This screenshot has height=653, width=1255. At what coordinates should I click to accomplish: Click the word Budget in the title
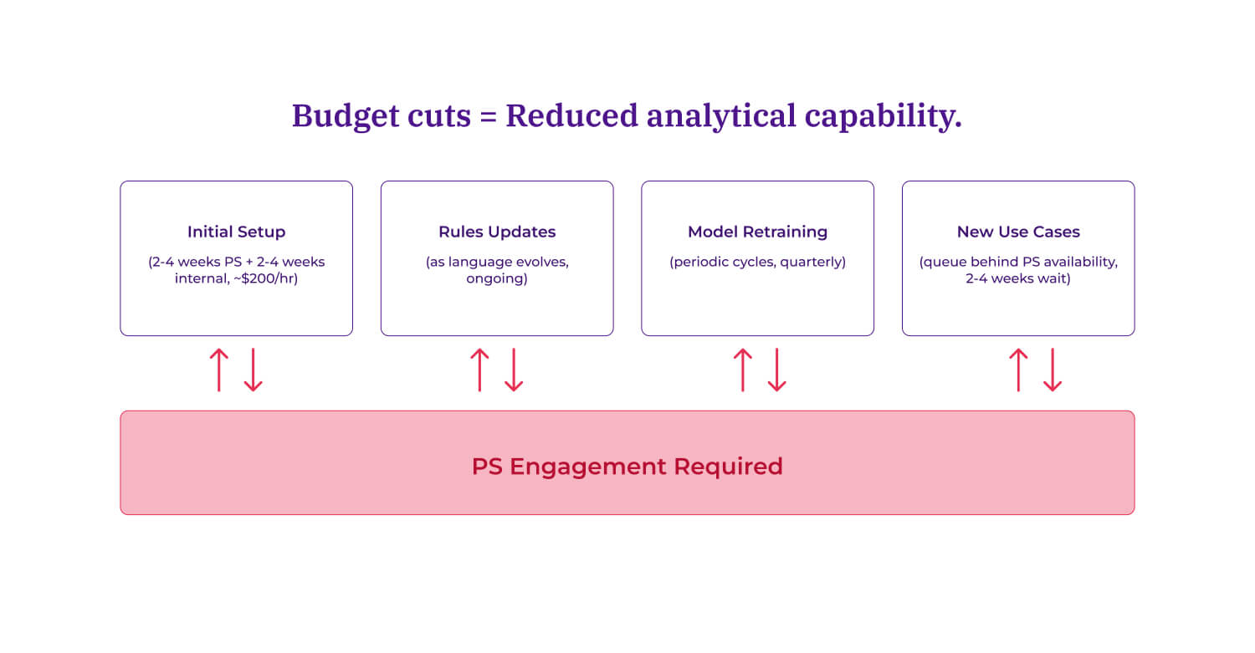coord(339,116)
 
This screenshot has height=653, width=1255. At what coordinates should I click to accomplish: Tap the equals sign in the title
coord(488,116)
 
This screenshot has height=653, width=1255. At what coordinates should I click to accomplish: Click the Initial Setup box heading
coord(236,232)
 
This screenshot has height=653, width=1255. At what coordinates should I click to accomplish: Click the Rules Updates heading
coord(497,232)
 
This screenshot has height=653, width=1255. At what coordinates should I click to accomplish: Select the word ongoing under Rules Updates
coord(497,278)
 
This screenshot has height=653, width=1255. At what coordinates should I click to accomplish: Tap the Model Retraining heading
coord(757,232)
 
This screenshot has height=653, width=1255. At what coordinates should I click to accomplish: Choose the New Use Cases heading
coord(1018,232)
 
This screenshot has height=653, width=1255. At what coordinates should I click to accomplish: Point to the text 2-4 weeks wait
coord(1018,278)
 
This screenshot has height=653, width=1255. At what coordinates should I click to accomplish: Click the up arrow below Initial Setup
coord(218,370)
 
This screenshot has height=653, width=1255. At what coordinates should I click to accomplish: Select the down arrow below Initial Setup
coord(254,370)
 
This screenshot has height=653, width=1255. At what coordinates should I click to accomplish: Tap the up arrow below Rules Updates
coord(479,370)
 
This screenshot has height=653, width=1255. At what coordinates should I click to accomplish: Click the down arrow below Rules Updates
coord(514,370)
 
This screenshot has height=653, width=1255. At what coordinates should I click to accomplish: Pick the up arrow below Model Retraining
coord(742,370)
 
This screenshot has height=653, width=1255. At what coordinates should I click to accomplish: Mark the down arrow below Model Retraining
coord(777,370)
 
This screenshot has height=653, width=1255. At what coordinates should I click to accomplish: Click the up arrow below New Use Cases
coord(1017,370)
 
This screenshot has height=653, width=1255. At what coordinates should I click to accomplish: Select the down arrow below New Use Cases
coord(1053,370)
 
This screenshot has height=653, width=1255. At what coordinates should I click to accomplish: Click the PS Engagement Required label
coord(627,466)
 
